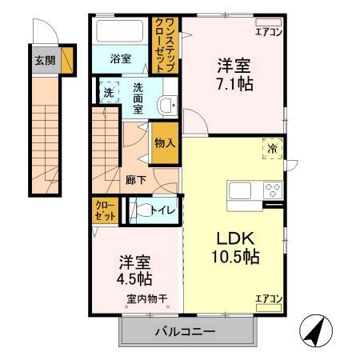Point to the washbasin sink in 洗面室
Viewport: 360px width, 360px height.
coord(165,104)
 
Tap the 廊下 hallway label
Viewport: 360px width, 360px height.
coord(135,180)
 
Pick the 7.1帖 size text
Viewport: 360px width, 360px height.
coord(234,82)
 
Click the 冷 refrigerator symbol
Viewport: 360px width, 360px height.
coord(271,147)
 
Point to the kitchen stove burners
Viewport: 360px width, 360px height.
coord(273,191)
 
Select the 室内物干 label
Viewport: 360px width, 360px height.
coord(145,300)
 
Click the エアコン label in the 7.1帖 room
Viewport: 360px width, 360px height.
coord(268,31)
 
